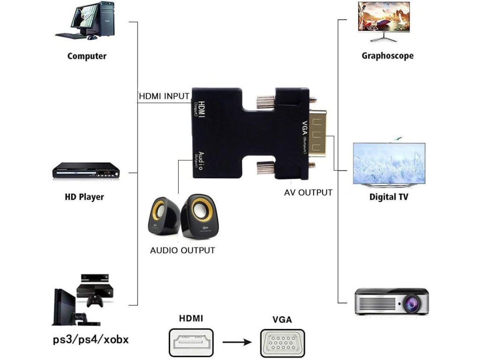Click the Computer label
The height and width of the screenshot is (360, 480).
87,56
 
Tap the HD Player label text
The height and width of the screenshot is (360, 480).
84,196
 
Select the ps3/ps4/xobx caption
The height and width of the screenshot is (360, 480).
91,339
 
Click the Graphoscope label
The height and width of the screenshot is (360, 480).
388,56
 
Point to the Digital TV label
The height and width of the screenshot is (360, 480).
389,196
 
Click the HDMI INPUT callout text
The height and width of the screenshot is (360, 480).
165,96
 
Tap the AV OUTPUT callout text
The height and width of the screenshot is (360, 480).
308,193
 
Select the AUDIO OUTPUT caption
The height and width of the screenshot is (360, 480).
182,250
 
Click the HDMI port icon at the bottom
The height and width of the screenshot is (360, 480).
191,342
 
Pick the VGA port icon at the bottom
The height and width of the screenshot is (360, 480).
282,343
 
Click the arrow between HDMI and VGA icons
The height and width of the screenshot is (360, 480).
237,342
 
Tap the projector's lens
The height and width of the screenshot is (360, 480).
411,303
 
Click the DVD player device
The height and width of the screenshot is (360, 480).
86,171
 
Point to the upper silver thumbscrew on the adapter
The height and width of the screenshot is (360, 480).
265,103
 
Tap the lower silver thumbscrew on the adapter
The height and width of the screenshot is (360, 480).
265,167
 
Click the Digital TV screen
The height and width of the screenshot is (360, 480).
389,163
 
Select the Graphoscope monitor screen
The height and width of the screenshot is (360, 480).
384,16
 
